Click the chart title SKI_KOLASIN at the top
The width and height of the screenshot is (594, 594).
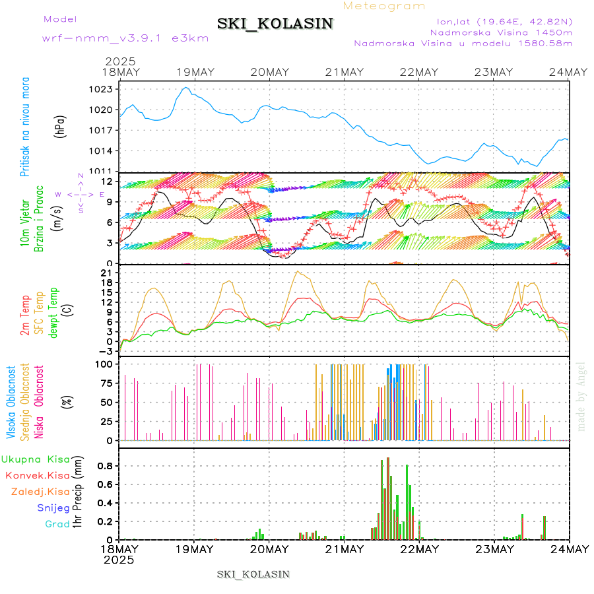(x=275, y=24)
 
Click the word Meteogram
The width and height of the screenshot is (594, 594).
(x=385, y=6)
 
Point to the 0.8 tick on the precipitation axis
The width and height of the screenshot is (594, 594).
(x=105, y=465)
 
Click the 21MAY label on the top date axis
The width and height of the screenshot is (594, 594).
(x=344, y=72)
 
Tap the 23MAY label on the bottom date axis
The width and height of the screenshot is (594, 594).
(x=494, y=549)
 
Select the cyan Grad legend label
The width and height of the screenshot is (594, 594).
(x=57, y=524)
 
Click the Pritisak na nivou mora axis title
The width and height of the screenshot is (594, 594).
(x=25, y=127)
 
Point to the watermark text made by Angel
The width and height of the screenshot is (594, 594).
(x=581, y=396)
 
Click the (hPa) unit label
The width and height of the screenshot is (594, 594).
(x=59, y=125)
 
